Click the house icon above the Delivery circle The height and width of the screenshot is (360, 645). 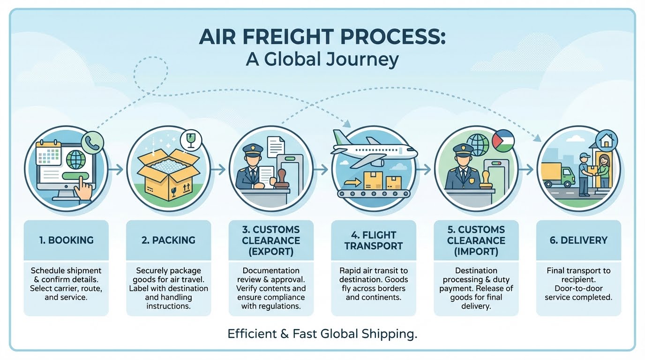pos(606,139)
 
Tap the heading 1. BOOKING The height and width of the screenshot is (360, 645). pos(66,240)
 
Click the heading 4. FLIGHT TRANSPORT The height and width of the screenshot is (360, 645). pos(373,240)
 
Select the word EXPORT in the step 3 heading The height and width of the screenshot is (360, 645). pos(271,251)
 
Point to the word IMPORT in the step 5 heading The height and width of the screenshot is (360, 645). pos(476,251)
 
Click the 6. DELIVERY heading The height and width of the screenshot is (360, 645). pos(578,240)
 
